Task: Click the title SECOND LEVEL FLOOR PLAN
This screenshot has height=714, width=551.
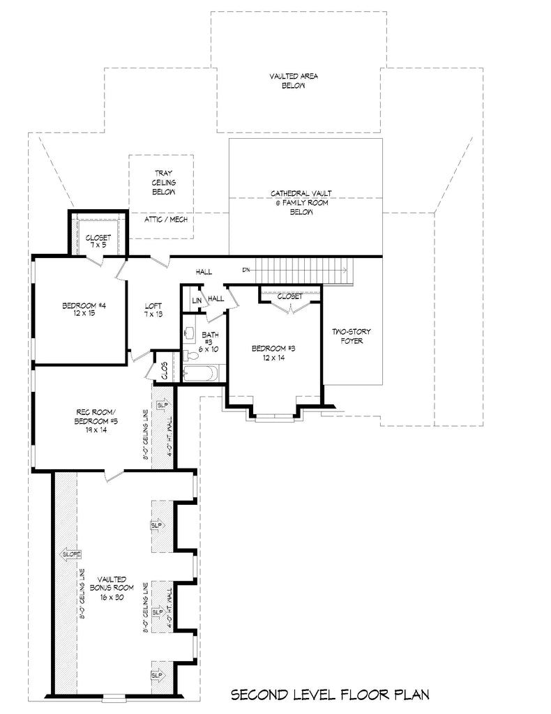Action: (329, 694)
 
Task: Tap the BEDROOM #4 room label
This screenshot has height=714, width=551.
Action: (83, 305)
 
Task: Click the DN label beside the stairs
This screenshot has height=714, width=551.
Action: (246, 269)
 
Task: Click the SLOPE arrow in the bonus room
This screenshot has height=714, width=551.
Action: (72, 554)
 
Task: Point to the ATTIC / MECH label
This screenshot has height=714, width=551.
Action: (160, 219)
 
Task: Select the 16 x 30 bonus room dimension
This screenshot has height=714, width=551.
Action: (112, 598)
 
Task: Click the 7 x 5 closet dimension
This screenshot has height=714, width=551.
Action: (98, 245)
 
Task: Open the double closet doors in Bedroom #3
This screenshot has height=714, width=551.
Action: (289, 306)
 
